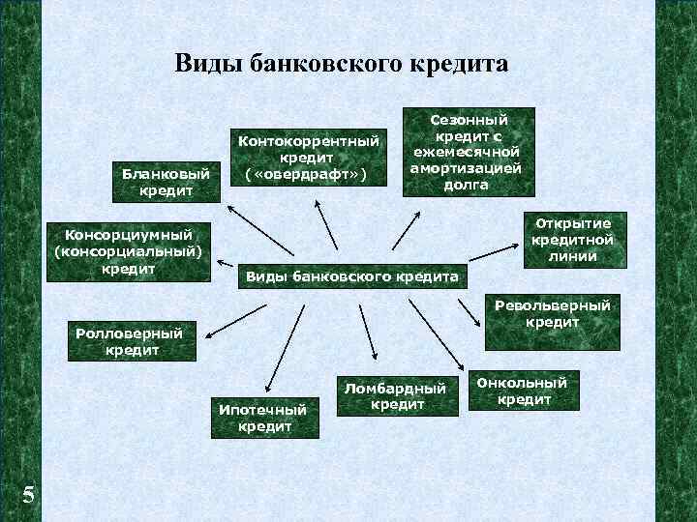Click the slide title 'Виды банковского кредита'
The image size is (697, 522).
point(341,65)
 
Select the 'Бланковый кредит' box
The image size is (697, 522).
point(166,182)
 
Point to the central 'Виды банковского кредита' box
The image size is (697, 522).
point(352,276)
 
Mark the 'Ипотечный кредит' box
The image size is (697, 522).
point(264,417)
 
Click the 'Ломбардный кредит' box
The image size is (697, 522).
point(397,395)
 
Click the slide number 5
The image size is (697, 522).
point(29,495)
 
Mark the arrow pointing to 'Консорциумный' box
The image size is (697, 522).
point(227,262)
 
